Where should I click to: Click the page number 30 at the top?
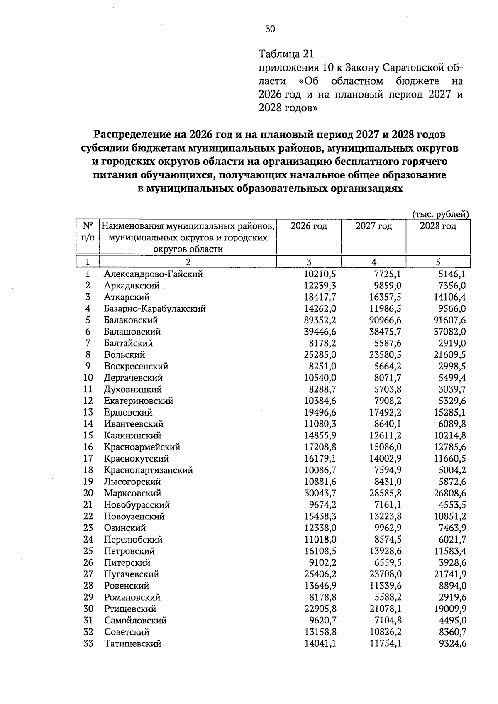click(270, 29)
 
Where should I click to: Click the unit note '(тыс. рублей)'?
click(441, 214)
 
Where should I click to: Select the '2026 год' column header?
click(309, 226)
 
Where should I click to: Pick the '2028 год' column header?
click(438, 226)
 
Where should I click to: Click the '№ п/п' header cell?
click(88, 232)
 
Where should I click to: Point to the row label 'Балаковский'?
click(131, 320)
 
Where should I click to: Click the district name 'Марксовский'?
click(132, 493)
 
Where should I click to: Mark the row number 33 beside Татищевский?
click(88, 643)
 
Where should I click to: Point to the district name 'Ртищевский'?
click(130, 609)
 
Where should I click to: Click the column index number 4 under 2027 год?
click(373, 262)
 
